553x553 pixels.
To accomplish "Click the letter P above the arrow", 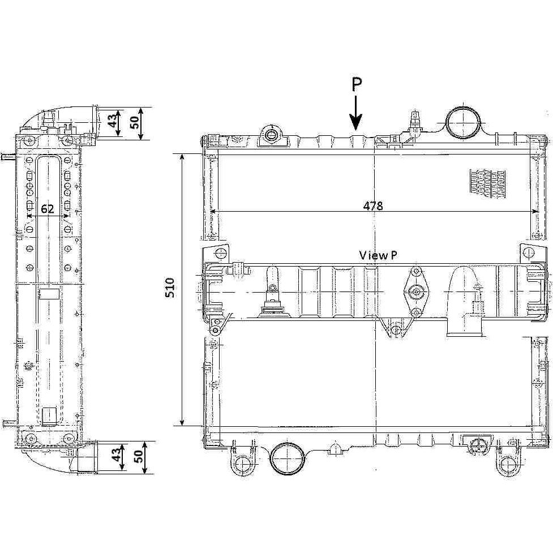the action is (x=357, y=85).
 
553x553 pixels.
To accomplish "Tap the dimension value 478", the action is (x=373, y=205).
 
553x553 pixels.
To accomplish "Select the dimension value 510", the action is (x=170, y=288).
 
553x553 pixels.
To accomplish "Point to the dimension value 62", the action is (x=48, y=209).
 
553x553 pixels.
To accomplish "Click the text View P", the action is (x=378, y=255).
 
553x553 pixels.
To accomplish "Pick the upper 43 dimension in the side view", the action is (x=113, y=120).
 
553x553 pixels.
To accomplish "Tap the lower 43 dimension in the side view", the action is (x=116, y=454).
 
